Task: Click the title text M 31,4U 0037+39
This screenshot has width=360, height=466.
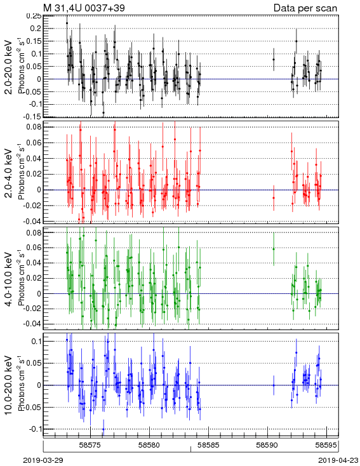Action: [x=84, y=8]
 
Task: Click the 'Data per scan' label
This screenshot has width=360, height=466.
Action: [x=305, y=8]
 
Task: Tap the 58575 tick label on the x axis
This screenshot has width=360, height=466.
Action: [x=91, y=445]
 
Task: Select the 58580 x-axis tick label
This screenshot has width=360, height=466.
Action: [x=150, y=445]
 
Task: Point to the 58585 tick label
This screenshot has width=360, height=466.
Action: [x=208, y=445]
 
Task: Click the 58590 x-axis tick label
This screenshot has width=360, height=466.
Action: [x=267, y=445]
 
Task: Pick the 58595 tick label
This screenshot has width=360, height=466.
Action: [x=326, y=445]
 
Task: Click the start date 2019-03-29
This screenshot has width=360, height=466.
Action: [x=43, y=460]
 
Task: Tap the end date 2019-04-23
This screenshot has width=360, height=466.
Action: [x=338, y=460]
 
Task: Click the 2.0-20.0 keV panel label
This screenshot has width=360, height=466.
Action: [x=9, y=67]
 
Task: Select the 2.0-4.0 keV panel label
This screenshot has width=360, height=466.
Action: [x=9, y=173]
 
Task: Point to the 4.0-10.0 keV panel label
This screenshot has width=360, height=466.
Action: [x=9, y=279]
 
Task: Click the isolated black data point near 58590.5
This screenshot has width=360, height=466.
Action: [x=274, y=60]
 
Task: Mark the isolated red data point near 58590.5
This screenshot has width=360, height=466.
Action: [x=274, y=197]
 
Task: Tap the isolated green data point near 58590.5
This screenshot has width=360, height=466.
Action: [x=274, y=249]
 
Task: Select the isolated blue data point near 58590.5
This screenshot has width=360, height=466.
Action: [x=274, y=385]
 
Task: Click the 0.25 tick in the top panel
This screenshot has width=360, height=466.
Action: [x=34, y=16]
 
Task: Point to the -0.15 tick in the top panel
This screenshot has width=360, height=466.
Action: [x=33, y=117]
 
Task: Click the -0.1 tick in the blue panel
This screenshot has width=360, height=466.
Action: [x=35, y=429]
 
